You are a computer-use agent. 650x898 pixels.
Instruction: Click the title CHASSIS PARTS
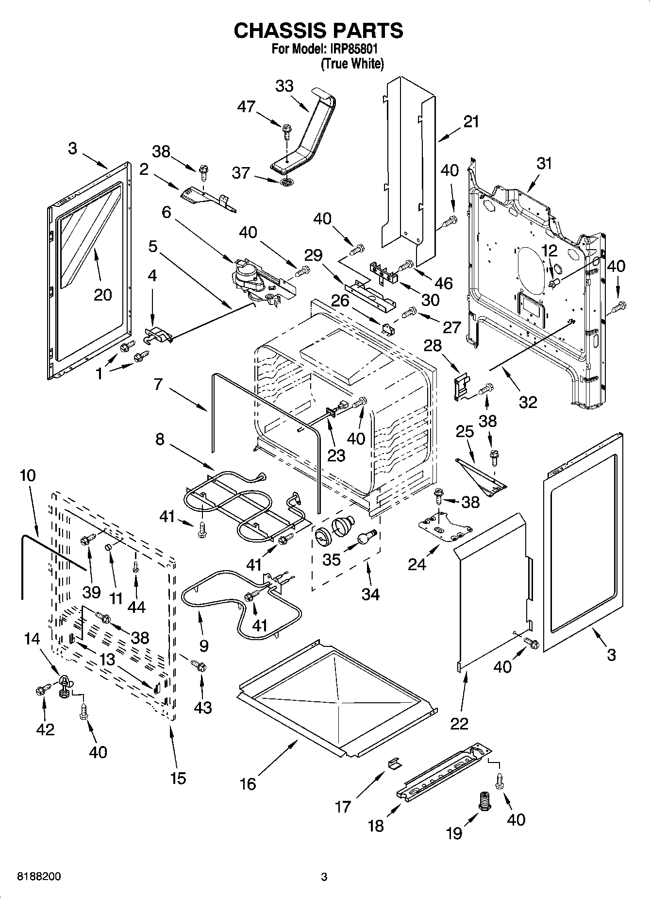318,30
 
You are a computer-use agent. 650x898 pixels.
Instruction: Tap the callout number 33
284,86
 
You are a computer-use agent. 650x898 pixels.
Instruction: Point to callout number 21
471,121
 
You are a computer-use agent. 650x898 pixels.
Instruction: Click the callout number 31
544,163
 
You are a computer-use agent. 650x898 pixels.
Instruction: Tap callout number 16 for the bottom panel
248,783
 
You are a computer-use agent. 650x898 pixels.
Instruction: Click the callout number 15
178,778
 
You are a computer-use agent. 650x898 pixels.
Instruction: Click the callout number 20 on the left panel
102,295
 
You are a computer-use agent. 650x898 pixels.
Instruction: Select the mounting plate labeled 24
445,528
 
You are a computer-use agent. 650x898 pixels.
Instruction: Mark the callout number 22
459,723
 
